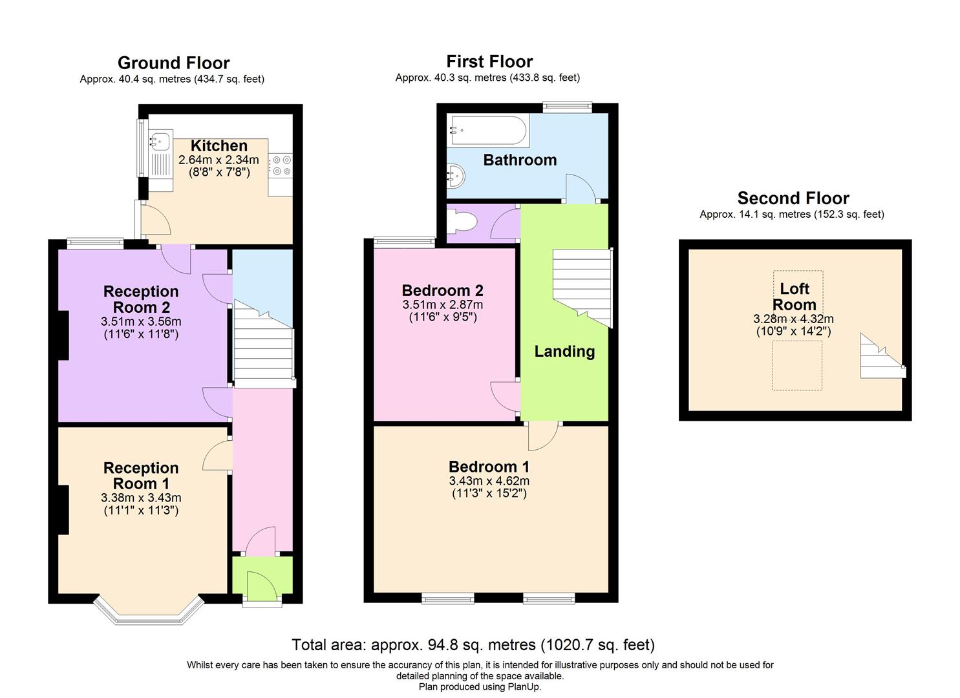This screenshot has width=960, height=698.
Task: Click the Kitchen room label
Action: (x=219, y=146)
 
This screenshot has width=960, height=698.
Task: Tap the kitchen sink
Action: (x=159, y=140)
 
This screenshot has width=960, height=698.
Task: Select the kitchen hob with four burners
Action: (x=281, y=165)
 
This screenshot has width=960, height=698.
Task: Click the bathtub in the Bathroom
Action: (x=489, y=131)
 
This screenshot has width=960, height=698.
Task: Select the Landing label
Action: (x=564, y=352)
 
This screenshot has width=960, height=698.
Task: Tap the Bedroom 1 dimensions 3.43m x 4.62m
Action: (x=489, y=481)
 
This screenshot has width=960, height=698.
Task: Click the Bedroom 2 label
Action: (x=442, y=290)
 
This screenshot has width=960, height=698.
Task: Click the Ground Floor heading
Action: (x=173, y=63)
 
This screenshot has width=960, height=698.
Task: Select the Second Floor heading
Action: (x=793, y=198)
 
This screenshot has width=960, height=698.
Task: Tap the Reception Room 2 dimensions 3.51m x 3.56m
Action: (x=141, y=322)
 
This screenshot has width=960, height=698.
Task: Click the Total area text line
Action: (x=473, y=644)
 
